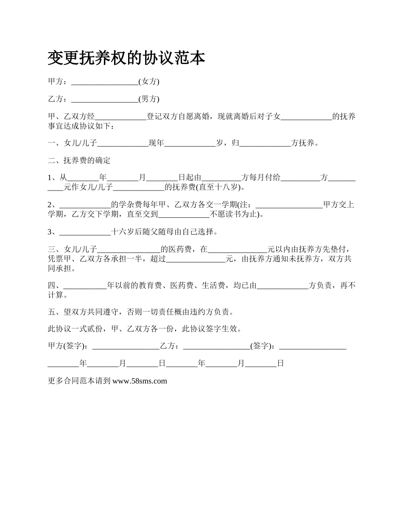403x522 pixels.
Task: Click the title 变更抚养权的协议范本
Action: point(126,58)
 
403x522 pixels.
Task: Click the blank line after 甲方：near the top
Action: point(105,81)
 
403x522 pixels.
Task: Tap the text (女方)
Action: point(149,81)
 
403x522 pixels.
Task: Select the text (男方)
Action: point(149,99)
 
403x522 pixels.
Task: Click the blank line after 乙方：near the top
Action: point(105,99)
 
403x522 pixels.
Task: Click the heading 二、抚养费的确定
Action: point(79,160)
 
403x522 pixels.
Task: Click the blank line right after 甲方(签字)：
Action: point(126,346)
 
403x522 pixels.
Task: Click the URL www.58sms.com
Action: point(140,381)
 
